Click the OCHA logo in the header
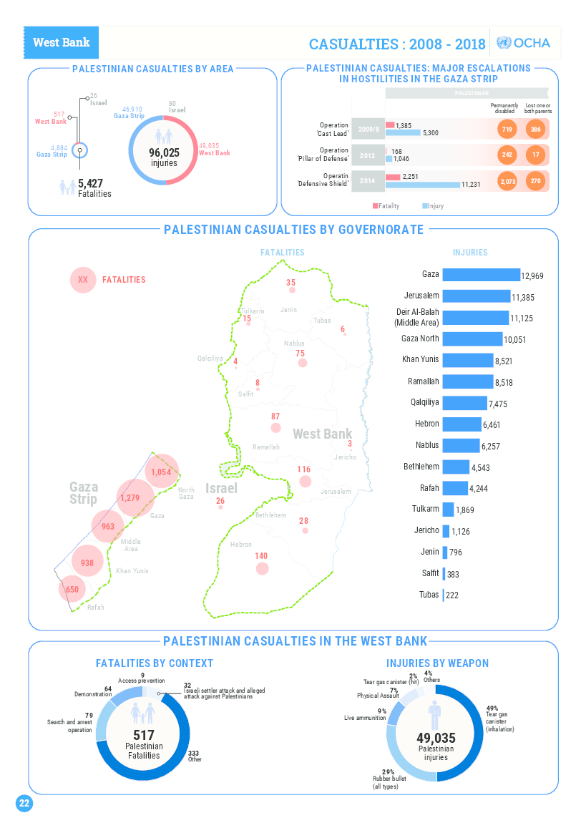[523, 43]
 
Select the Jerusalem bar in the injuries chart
[476, 296]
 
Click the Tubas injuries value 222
[452, 595]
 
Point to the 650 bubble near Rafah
[72, 590]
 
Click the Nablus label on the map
[294, 344]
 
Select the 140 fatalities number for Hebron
[261, 556]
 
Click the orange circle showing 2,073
[508, 182]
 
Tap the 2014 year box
[368, 182]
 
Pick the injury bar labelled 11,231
[422, 185]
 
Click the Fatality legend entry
[386, 206]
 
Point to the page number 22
[24, 804]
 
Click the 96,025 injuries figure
[164, 152]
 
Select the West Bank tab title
[62, 42]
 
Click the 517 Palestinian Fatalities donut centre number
[144, 735]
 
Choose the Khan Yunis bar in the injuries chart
[468, 359]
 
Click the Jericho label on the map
[344, 457]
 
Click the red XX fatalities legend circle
[82, 280]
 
